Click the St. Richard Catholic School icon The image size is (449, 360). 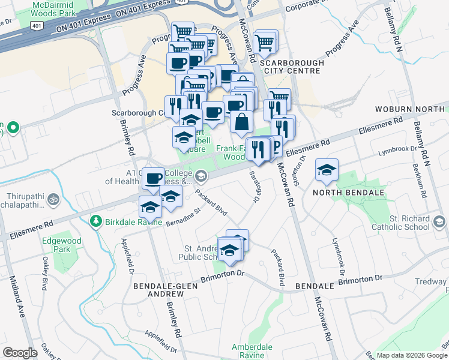439,223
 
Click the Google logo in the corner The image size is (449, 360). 20,353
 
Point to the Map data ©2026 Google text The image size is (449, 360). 410,355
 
